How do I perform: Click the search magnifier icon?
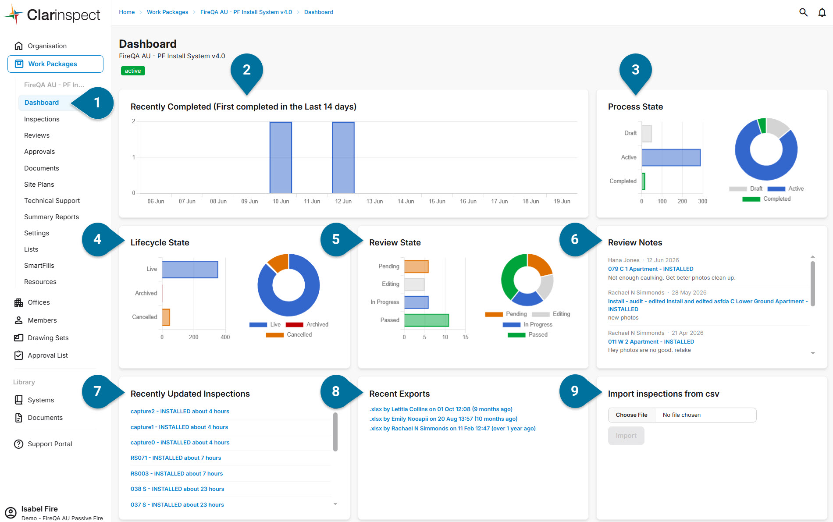803,12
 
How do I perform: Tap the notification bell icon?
822,12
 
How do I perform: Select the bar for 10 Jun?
281,158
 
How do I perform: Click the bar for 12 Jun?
343,158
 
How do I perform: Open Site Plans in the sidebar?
39,185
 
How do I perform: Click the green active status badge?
133,71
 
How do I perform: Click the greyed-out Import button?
626,436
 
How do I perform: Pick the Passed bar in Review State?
427,320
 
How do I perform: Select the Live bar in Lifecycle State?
190,270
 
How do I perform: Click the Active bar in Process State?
671,158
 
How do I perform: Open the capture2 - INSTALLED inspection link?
180,412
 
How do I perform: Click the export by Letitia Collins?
441,409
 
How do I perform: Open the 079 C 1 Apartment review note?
651,269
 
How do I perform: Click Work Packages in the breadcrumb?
167,12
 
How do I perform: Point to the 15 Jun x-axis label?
437,202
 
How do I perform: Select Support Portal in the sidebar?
50,444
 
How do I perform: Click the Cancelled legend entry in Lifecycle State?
289,335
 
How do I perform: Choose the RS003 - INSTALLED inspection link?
177,474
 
